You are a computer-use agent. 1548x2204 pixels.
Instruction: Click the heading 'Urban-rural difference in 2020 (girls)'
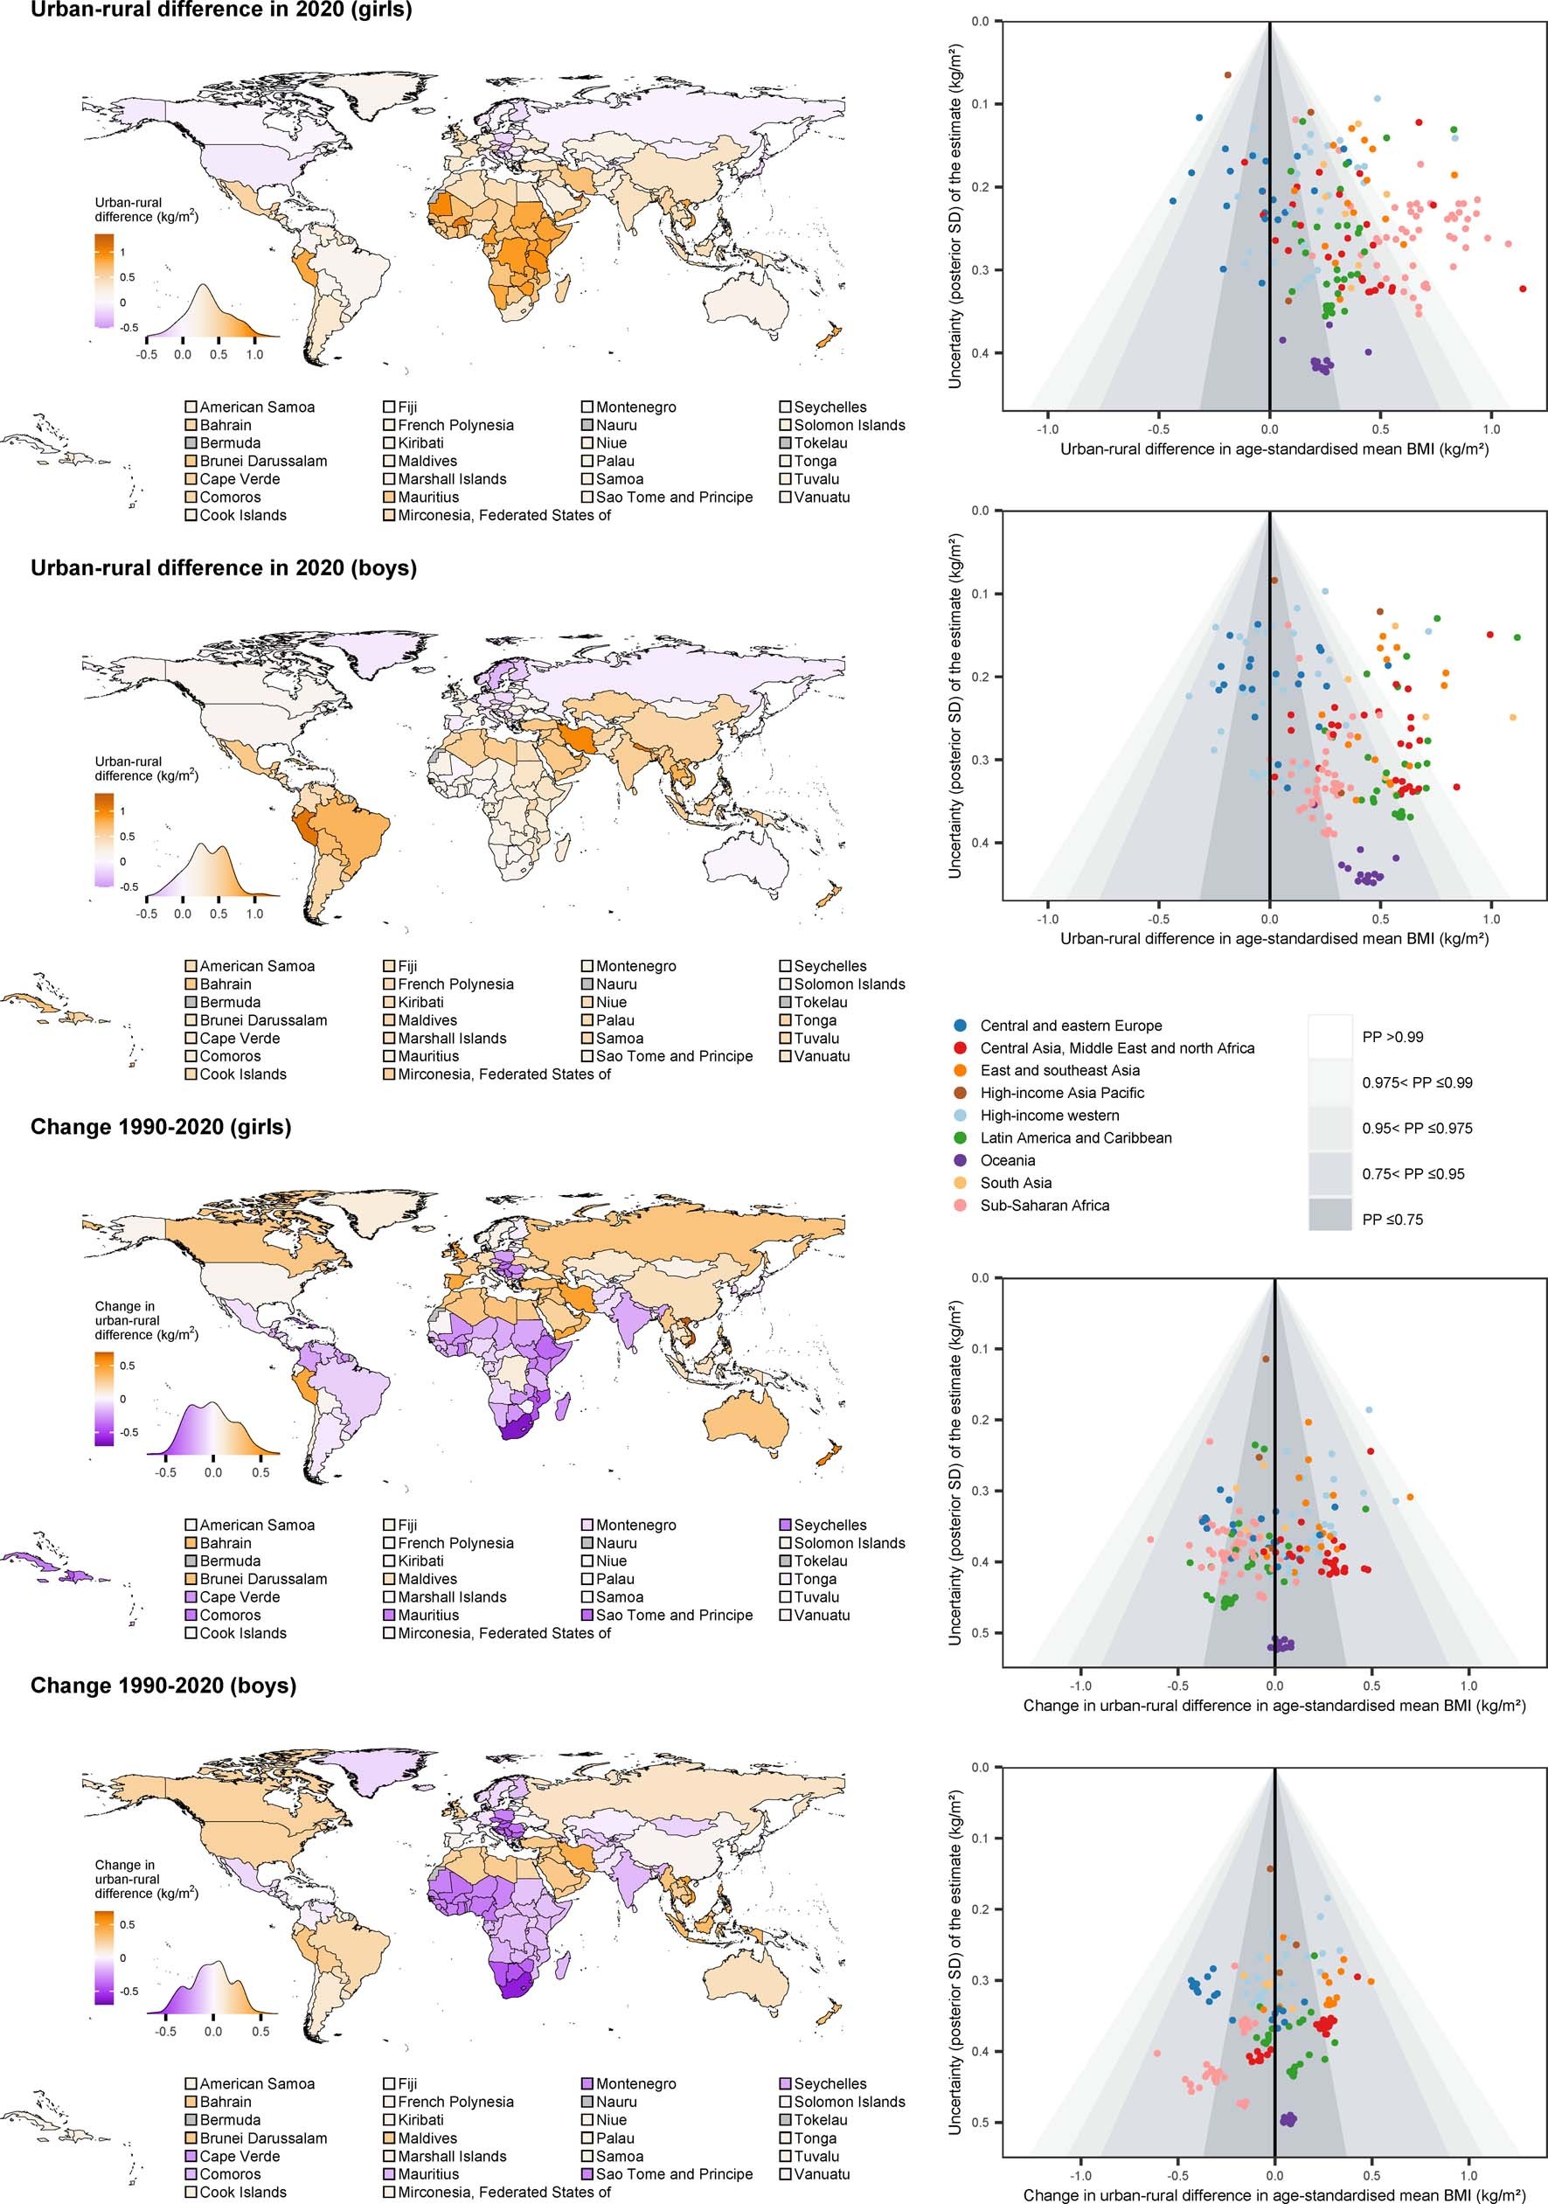(221, 11)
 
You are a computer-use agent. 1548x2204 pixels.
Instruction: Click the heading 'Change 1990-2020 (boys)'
(163, 1685)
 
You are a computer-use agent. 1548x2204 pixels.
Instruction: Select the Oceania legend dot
(961, 1160)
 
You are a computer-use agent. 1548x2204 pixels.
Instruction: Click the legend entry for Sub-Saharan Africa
(1045, 1206)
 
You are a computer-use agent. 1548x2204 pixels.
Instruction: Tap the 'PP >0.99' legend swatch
(1330, 1037)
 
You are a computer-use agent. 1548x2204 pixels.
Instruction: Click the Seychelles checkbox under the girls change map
(785, 1526)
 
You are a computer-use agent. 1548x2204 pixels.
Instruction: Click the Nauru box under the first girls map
(587, 425)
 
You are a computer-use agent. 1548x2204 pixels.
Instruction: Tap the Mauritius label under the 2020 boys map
(428, 1056)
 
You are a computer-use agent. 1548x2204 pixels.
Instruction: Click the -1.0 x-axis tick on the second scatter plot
(1047, 919)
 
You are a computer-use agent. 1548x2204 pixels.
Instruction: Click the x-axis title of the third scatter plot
(1274, 1706)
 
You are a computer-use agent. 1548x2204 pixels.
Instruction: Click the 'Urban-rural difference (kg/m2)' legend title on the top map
(146, 209)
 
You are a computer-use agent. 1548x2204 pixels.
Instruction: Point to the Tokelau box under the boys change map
(785, 2119)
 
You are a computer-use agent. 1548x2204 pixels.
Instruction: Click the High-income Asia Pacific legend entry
(1061, 1093)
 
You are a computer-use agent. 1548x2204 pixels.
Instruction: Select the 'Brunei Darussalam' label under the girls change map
(263, 1579)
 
